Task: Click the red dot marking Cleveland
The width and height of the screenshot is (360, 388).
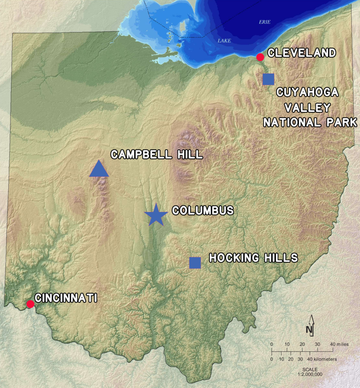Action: tap(260, 57)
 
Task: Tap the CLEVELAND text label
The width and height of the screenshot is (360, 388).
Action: tap(302, 53)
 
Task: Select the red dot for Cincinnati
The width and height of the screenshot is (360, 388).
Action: tap(30, 304)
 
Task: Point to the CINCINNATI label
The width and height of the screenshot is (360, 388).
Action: tap(66, 298)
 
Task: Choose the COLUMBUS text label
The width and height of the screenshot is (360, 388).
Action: tap(203, 211)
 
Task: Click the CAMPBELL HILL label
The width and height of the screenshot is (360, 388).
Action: tap(157, 155)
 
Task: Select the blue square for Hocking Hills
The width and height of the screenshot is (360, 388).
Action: tap(195, 263)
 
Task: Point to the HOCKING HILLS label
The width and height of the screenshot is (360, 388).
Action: tap(254, 258)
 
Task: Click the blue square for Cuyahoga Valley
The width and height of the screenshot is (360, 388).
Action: tap(268, 79)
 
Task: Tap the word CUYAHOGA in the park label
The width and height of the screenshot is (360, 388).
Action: tap(307, 93)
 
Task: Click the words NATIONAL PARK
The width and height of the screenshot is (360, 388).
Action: tap(310, 122)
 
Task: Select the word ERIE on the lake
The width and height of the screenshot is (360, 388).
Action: tap(265, 22)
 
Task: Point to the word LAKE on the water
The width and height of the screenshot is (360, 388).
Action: tap(224, 41)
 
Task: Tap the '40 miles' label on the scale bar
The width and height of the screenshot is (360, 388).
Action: tap(338, 344)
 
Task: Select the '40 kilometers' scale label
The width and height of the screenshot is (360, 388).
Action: tap(323, 359)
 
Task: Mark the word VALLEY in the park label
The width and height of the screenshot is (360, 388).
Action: tap(307, 108)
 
